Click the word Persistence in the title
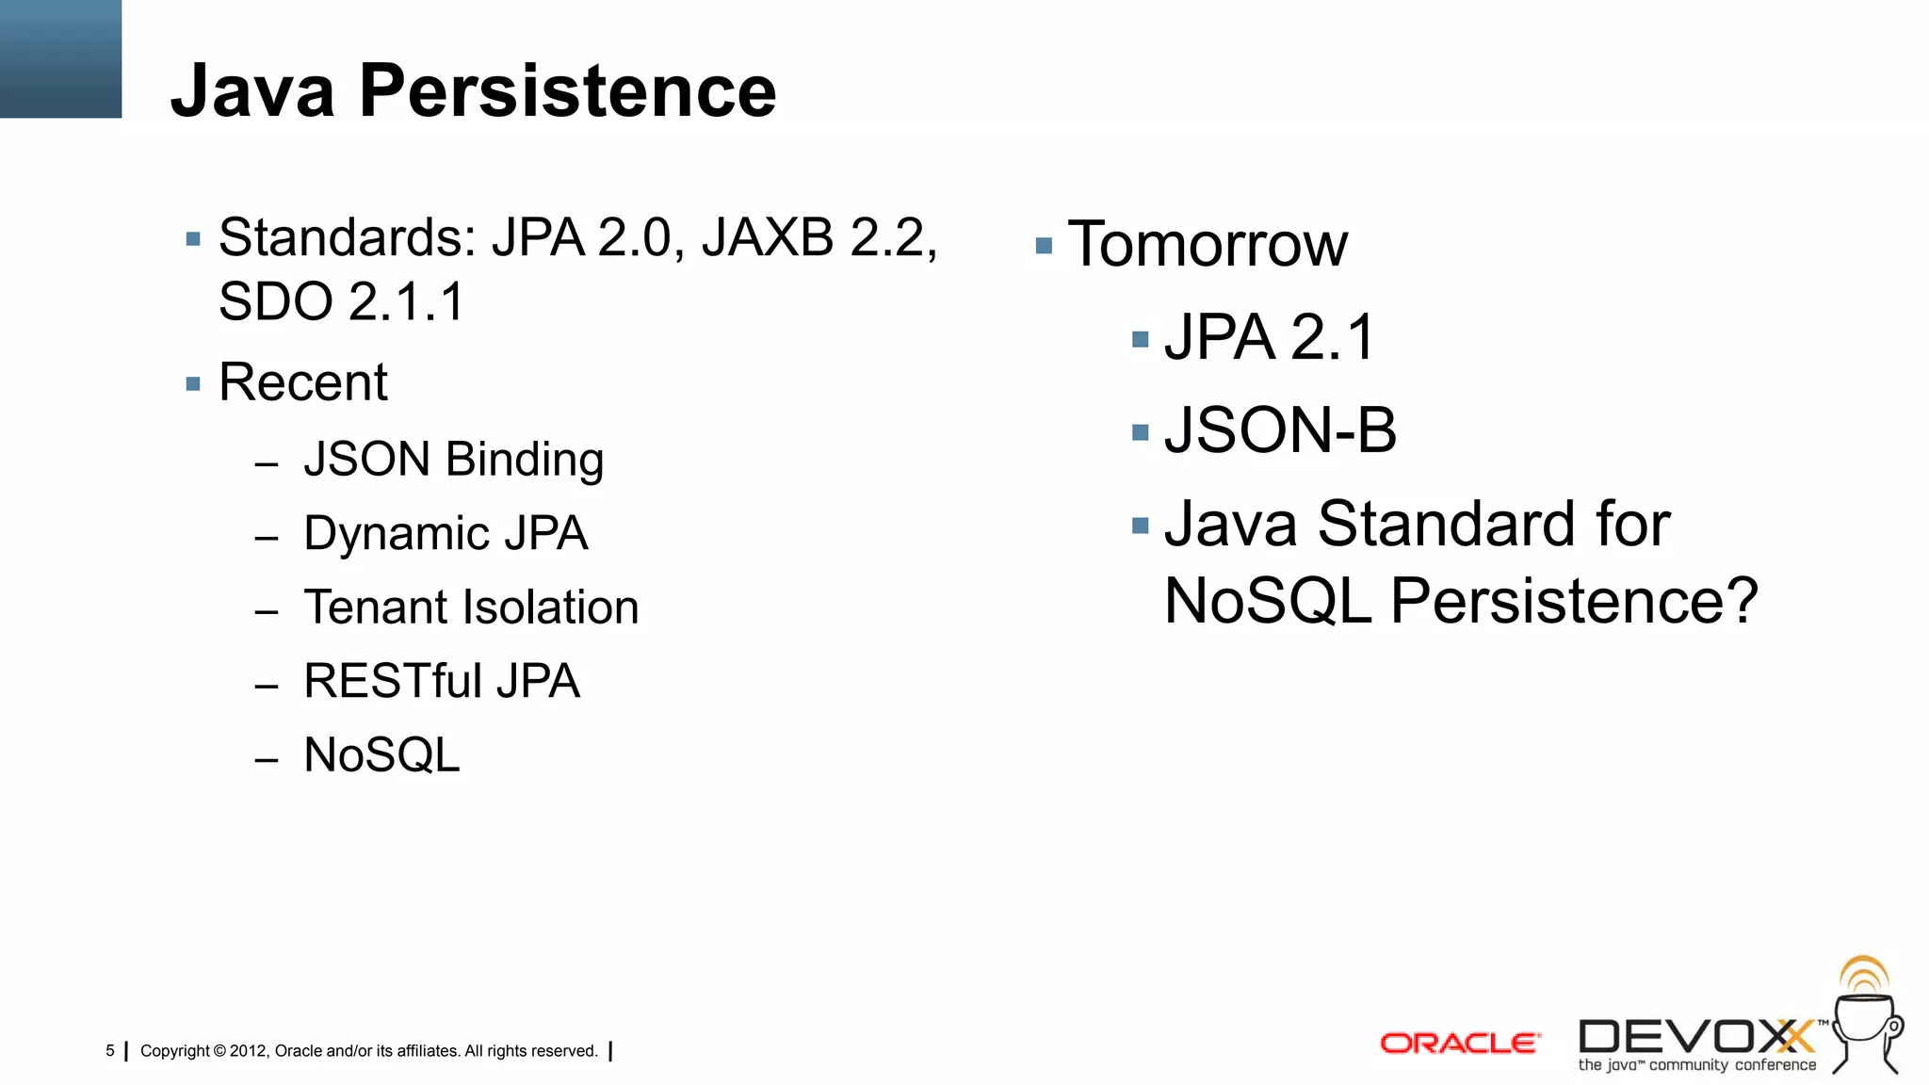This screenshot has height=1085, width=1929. tap(567, 91)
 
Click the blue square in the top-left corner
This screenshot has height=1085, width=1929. tap(60, 58)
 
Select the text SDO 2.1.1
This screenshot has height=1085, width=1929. tap(342, 302)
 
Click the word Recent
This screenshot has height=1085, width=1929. tap(302, 382)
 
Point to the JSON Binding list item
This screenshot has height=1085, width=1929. tap(453, 460)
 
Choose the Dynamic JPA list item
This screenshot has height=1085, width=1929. tap(446, 533)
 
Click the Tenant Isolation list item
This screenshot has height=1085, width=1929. tap(471, 607)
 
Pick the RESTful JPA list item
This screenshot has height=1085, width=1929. tap(442, 681)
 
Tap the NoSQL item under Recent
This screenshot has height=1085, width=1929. tap(381, 755)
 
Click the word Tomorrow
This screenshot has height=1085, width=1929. tap(1208, 245)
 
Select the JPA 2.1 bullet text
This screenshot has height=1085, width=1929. tap(1269, 337)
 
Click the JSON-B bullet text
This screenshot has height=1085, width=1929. tap(1280, 430)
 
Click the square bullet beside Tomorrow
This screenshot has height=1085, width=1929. tap(1044, 247)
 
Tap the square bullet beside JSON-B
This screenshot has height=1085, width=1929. tap(1141, 433)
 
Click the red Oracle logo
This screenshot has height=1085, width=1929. tap(1459, 1044)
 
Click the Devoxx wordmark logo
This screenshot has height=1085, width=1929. tap(1695, 1038)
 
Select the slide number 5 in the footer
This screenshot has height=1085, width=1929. tap(110, 1051)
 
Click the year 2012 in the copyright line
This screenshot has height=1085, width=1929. tap(249, 1051)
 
